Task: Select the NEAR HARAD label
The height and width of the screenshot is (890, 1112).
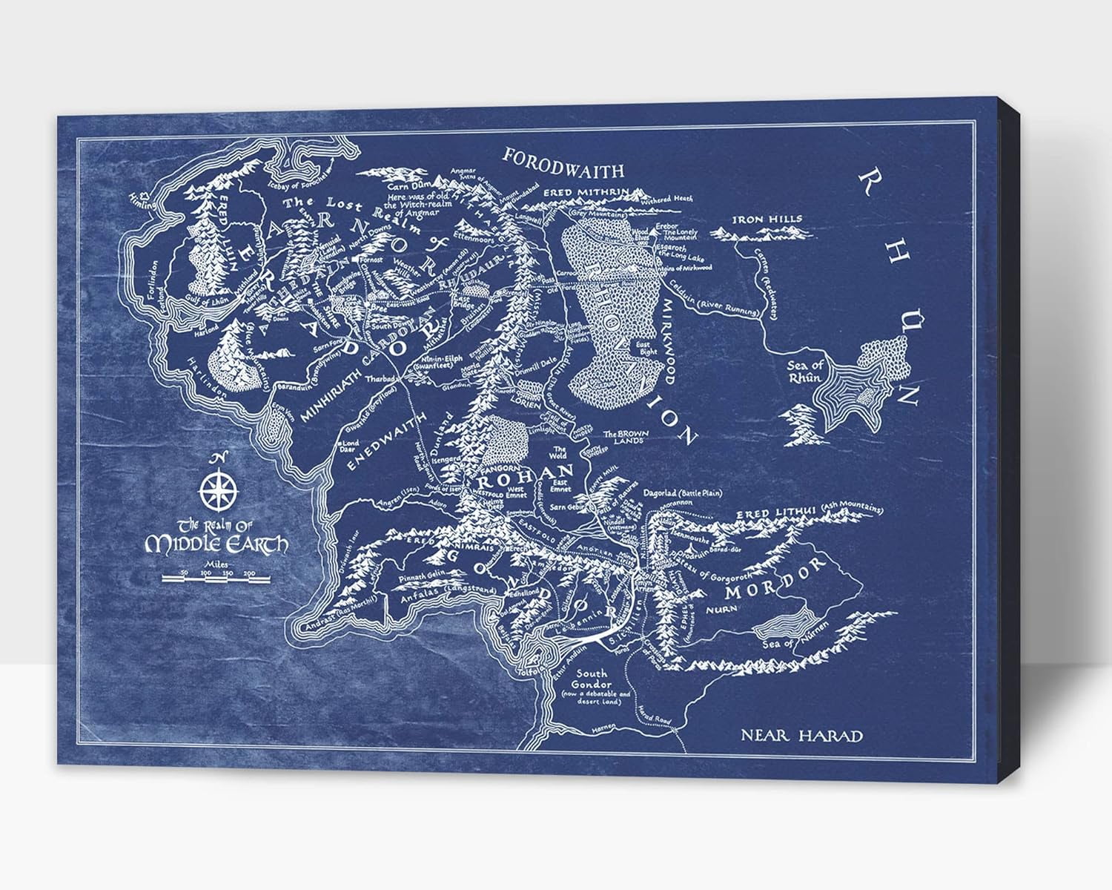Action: pyautogui.click(x=802, y=736)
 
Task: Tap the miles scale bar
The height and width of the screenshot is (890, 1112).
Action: pyautogui.click(x=214, y=579)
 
